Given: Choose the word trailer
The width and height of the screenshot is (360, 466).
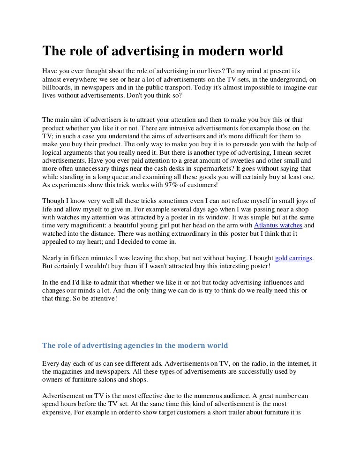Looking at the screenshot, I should [x=229, y=414].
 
